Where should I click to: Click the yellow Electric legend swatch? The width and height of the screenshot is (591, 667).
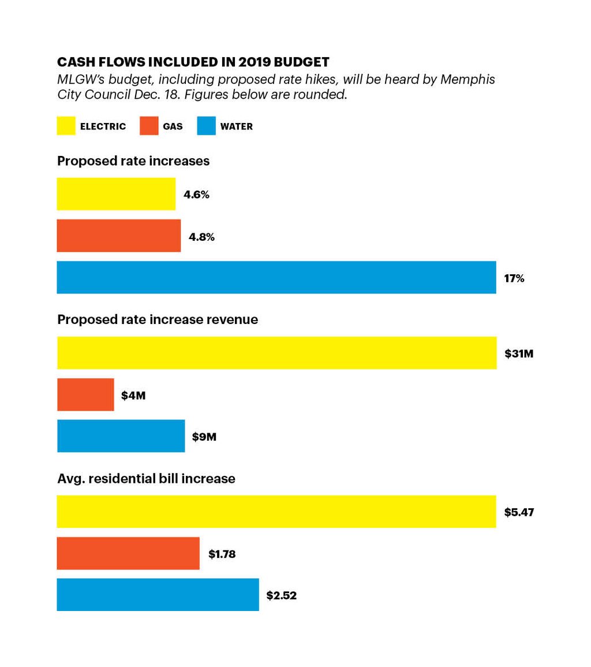pos(66,126)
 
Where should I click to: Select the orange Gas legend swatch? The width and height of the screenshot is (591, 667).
pos(149,126)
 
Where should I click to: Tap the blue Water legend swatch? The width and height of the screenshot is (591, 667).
pos(206,126)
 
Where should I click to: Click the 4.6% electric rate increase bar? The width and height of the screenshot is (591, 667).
pos(115,194)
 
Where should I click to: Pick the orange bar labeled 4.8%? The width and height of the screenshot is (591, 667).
pos(118,236)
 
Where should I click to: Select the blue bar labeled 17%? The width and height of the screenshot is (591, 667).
pos(276,277)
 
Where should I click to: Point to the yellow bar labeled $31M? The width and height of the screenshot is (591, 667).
pos(276,353)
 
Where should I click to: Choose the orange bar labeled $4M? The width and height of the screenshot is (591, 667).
pos(85,394)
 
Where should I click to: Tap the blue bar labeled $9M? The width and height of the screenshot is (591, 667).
pos(121,436)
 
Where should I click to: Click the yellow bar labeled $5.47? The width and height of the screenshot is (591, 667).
pos(276,512)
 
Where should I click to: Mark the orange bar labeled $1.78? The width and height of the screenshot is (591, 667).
pos(128,553)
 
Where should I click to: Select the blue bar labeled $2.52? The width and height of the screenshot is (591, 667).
pos(158,595)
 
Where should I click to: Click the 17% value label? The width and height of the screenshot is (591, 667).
pos(514,278)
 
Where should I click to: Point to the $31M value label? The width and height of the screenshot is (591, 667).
pos(518,353)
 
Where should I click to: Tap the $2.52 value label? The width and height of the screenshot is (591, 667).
pos(281,595)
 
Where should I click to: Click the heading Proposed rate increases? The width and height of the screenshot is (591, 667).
pos(133,161)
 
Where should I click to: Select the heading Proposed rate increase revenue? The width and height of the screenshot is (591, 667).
pos(157,319)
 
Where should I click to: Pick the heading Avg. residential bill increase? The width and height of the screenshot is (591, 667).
pos(146,479)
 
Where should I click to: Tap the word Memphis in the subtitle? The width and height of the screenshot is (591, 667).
pos(467,80)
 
